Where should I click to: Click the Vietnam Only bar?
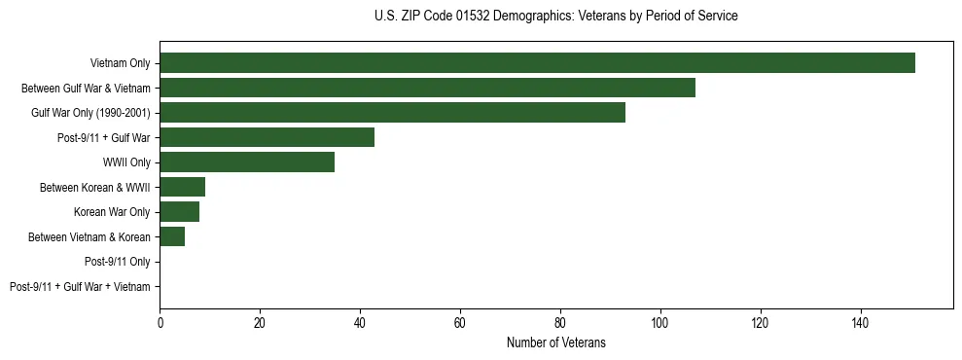[x=537, y=63]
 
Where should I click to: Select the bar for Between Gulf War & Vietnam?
[x=427, y=88]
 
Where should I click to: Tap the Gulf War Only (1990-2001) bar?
[x=392, y=113]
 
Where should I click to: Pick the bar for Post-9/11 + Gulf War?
[x=267, y=137]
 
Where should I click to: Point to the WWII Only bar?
[x=247, y=162]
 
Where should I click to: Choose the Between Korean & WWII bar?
[x=182, y=187]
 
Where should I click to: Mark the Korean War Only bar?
[x=179, y=212]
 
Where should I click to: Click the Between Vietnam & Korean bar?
[x=172, y=236]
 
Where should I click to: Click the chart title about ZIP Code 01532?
[x=555, y=17]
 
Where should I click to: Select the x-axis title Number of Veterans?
[x=555, y=342]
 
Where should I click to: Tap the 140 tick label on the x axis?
[x=860, y=322]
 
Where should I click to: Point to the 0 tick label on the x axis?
[x=160, y=322]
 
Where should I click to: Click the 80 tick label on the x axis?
[x=560, y=322]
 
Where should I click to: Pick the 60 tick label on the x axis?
[x=460, y=322]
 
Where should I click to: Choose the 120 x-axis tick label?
[x=760, y=322]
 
